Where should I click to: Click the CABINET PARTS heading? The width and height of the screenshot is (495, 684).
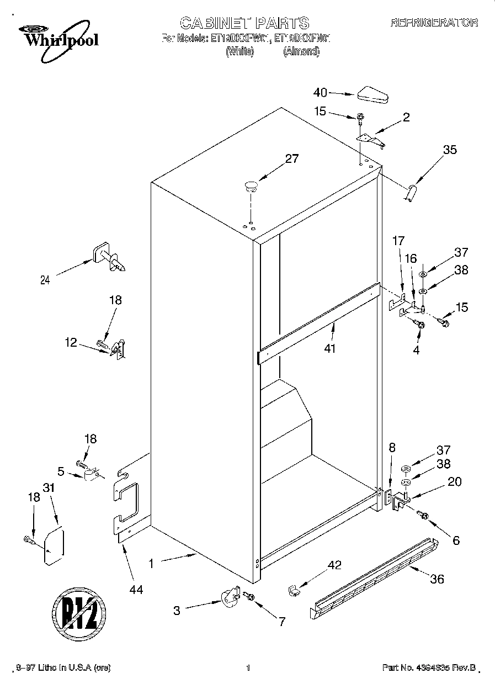click(244, 23)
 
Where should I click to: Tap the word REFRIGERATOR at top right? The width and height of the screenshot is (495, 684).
click(434, 23)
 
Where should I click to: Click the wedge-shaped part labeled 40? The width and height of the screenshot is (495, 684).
click(372, 95)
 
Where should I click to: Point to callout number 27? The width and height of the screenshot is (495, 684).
click(291, 159)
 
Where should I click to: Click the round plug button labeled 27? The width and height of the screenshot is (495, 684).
click(252, 186)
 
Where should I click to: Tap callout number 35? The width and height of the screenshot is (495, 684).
click(450, 149)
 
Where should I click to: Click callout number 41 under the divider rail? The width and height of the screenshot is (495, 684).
click(330, 348)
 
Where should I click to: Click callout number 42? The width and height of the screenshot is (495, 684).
click(334, 565)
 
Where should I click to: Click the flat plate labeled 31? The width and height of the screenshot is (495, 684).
click(54, 546)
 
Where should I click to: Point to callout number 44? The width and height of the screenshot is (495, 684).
click(136, 590)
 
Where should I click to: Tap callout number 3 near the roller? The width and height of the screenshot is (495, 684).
click(177, 611)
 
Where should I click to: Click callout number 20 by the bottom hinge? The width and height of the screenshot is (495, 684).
click(454, 481)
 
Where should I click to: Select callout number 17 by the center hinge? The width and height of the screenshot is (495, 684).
click(398, 241)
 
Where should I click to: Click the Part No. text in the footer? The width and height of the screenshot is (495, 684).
click(429, 668)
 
